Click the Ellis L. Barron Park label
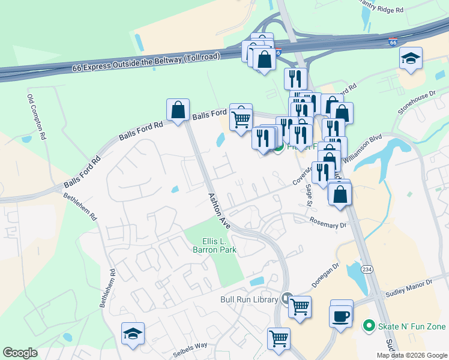214,245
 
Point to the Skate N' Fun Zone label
412,326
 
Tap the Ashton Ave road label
219,211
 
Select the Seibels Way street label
190,345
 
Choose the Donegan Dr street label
326,274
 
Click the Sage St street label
310,194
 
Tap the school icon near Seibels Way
133,334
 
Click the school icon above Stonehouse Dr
411,58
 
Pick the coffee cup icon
341,315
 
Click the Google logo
20,353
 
